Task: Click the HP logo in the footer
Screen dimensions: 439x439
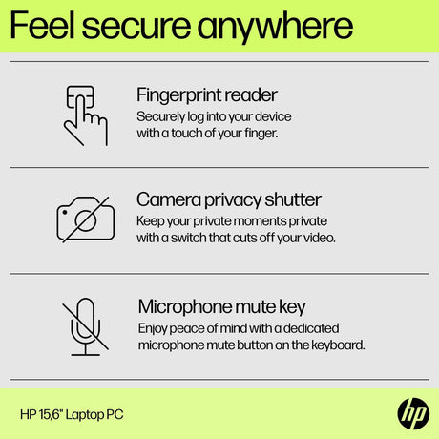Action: click(x=413, y=414)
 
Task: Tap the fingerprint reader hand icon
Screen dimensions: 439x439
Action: click(x=86, y=115)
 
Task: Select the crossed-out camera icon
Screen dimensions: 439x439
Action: click(x=86, y=219)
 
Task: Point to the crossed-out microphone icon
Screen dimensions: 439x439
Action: click(x=85, y=326)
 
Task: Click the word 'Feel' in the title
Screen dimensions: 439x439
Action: click(x=42, y=25)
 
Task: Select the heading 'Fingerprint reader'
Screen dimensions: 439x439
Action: click(x=207, y=95)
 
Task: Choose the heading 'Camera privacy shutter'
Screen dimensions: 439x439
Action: click(x=229, y=200)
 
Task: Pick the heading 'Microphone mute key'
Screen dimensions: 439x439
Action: click(x=221, y=307)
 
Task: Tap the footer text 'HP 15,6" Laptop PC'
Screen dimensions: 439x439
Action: click(x=72, y=414)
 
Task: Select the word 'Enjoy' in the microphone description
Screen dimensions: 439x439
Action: click(x=153, y=328)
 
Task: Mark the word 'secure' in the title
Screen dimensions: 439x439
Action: click(x=136, y=27)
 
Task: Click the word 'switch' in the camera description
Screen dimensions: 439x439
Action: click(x=188, y=238)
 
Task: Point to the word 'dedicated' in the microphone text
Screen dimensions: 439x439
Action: click(x=311, y=328)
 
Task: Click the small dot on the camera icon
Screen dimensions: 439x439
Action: click(x=65, y=212)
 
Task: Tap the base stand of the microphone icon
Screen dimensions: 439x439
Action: click(x=85, y=355)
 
